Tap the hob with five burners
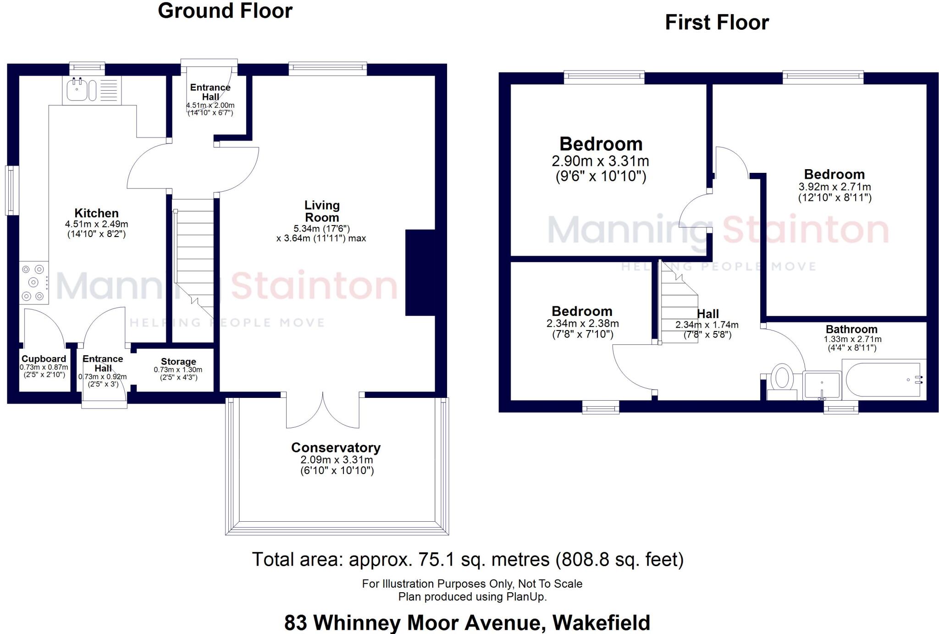[x=34, y=283]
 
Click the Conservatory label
[x=336, y=447]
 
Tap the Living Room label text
[x=322, y=211]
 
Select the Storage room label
[x=178, y=362]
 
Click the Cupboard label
[x=44, y=359]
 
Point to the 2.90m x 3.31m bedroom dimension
[x=600, y=161]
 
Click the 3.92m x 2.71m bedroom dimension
[x=834, y=187]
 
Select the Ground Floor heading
[x=225, y=11]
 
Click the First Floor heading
[x=717, y=23]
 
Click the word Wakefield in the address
[x=601, y=623]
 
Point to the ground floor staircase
[x=193, y=257]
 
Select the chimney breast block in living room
[x=420, y=273]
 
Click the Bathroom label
[x=851, y=329]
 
